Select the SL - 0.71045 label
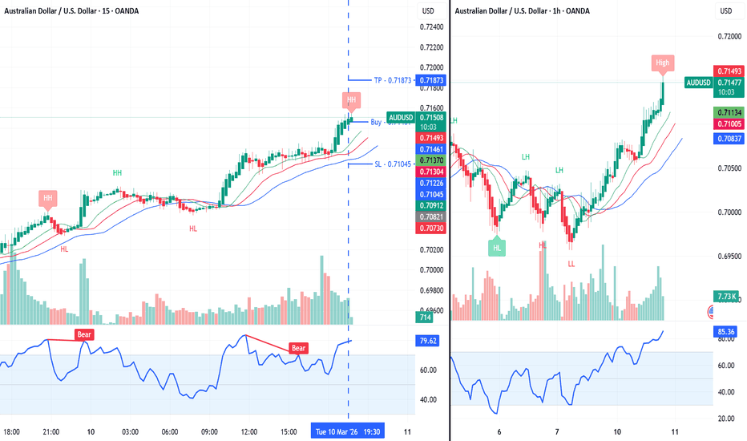coord(392,164)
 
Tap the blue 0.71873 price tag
coord(430,80)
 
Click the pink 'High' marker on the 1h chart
coord(662,63)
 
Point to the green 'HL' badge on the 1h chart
coord(497,248)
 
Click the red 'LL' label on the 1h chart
coord(571,263)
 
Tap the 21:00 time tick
coord(50,431)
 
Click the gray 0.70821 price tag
coord(430,216)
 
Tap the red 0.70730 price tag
coord(430,229)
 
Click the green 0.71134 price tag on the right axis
coord(726,112)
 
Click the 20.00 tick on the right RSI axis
coord(725,419)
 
